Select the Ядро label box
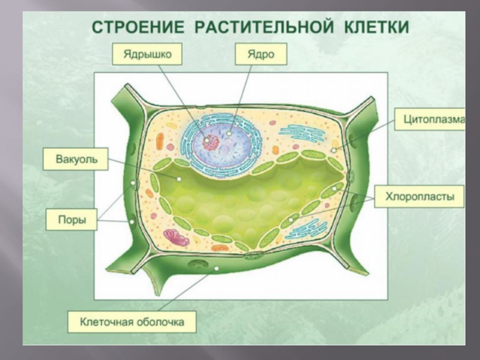(260, 54)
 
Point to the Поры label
(73, 219)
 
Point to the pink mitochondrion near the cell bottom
(177, 238)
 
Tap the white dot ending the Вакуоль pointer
(179, 179)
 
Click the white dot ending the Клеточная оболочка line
(215, 268)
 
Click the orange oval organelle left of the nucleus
(160, 142)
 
